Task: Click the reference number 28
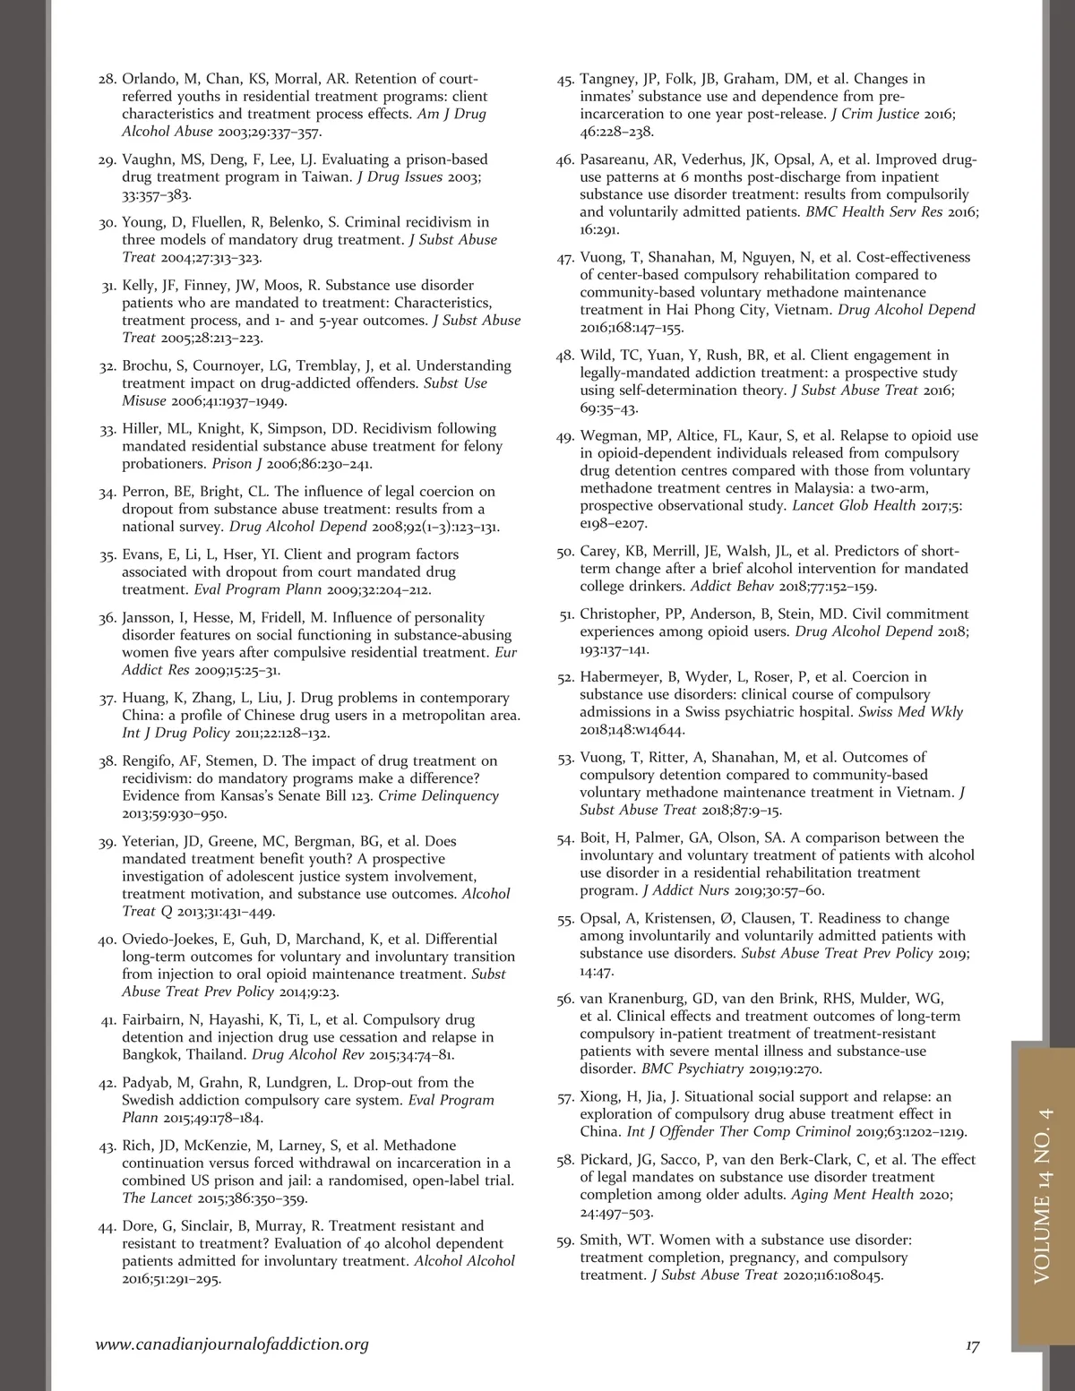[x=107, y=80]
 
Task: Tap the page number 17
[x=972, y=1345]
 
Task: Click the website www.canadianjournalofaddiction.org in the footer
[x=232, y=1344]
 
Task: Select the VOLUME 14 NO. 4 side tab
[x=1043, y=1195]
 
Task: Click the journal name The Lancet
[x=157, y=1198]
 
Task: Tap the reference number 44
[x=107, y=1227]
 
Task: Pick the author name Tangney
[x=609, y=79]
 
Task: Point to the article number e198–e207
[x=614, y=523]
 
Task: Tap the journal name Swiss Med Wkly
[x=910, y=712]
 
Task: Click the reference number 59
[x=565, y=1241]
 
